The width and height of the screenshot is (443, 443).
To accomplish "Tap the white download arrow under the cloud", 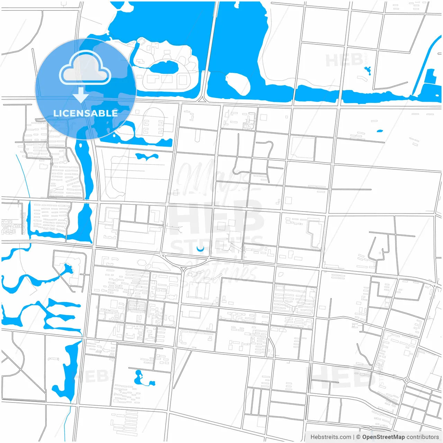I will pos(81,95).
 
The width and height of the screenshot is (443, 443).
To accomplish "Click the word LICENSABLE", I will pos(85,113).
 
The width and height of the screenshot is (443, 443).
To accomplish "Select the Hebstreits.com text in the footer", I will pos(331,437).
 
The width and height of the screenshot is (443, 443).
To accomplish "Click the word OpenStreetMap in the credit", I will pos(383,437).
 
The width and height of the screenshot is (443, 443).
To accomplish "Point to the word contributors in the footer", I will pos(423,437).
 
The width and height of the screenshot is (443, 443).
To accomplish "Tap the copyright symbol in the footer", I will pos(358,437).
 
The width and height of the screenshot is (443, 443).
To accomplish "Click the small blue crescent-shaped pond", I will pos(200,249).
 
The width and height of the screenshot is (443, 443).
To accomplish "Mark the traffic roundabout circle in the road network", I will pos(407,380).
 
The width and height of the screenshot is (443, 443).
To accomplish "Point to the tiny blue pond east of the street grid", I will pos(380,131).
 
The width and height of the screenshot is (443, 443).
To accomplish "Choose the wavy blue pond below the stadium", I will pos(147,157).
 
